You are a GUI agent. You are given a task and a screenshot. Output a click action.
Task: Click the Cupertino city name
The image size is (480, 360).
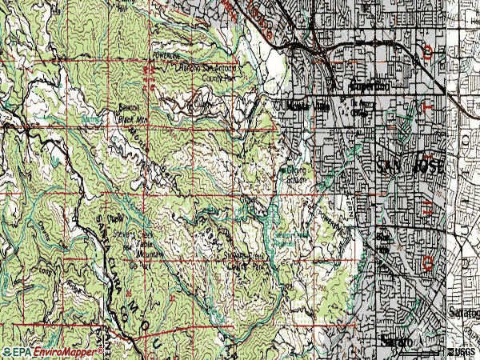pyautogui.click(x=369, y=85)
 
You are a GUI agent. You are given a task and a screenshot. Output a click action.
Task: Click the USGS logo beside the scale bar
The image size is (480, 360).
pyautogui.click(x=463, y=351)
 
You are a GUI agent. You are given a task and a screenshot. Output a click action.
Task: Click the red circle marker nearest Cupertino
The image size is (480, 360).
pyautogui.click(x=429, y=54)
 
